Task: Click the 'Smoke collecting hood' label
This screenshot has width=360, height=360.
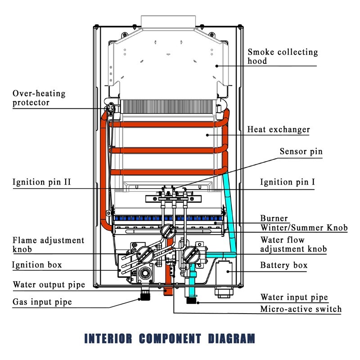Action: point(283,56)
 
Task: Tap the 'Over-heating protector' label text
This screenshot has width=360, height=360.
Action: point(39,98)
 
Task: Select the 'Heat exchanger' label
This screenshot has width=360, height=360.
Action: point(279,130)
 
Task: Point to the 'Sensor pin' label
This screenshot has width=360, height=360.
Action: point(301,152)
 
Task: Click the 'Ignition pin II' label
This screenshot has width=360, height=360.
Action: point(41,182)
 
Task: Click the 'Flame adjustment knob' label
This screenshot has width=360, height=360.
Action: point(48,245)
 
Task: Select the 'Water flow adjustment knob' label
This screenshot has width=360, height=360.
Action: point(293,244)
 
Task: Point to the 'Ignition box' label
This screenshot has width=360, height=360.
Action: point(37,265)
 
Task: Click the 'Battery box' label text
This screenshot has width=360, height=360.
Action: point(284,265)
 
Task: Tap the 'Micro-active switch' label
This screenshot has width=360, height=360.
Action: point(301,309)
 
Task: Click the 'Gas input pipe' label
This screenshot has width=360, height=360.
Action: point(42,301)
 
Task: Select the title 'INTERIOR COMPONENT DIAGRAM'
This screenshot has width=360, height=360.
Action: point(170,338)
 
